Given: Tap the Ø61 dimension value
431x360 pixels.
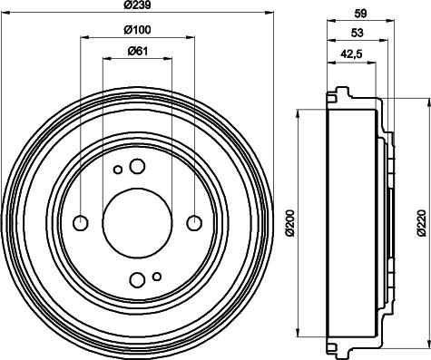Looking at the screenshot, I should pos(137,52).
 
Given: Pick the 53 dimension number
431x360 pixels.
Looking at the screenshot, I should pos(357,35).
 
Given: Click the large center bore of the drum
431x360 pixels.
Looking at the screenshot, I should pos(137,222).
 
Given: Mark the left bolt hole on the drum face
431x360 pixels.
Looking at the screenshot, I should pos(81,222).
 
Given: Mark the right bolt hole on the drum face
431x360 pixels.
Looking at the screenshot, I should pos(193,222).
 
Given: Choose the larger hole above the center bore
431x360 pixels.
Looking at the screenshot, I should pos(137,166).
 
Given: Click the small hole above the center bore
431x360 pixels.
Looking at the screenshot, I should pos(117,169).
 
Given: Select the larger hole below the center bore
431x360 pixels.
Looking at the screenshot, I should pos(137,278).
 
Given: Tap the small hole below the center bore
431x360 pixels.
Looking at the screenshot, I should pos(157,276).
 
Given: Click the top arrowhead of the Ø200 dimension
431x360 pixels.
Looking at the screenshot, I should pos(299,113).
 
